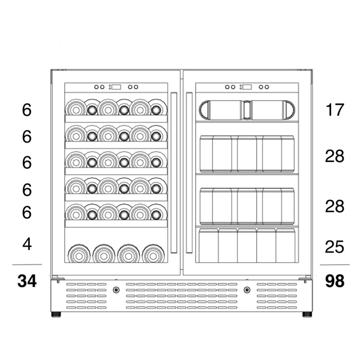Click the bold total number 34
(x=27, y=281)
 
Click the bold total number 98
(x=334, y=281)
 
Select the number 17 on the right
(x=334, y=110)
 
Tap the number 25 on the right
(x=334, y=247)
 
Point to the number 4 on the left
(x=27, y=244)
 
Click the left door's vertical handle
(x=174, y=172)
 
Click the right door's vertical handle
(x=189, y=172)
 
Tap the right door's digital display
(x=247, y=87)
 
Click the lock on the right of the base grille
(x=247, y=290)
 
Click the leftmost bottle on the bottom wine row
(x=79, y=254)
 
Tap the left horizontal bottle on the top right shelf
(x=221, y=110)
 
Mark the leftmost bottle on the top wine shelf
(x=76, y=108)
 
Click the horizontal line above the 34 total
(x=27, y=264)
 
